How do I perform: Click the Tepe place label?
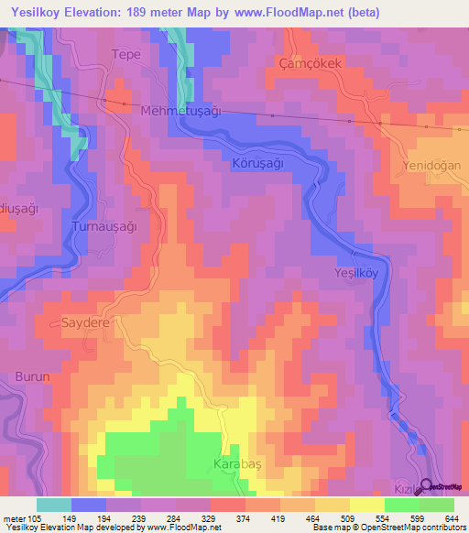click(x=125, y=54)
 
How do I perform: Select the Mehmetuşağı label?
click(x=181, y=111)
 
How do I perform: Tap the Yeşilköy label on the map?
click(x=354, y=273)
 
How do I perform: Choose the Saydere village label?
click(x=85, y=323)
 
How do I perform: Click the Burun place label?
click(x=33, y=376)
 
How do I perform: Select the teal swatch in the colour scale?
click(x=54, y=505)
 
